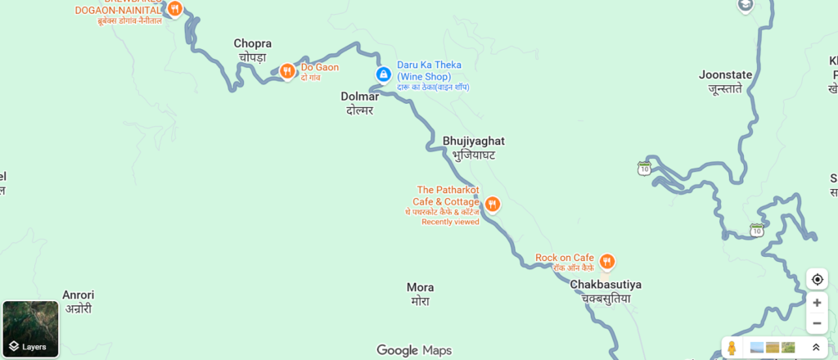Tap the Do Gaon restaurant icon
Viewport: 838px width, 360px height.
tap(287, 71)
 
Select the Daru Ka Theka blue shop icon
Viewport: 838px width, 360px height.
tap(383, 74)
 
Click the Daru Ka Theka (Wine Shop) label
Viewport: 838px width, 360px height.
tap(430, 70)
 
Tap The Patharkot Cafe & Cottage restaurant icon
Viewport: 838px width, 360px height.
tap(493, 204)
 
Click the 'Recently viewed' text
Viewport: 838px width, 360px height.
tap(450, 222)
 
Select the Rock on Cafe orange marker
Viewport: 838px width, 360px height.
tap(606, 262)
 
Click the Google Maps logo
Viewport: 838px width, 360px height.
tap(414, 350)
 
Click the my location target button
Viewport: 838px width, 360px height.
tap(817, 279)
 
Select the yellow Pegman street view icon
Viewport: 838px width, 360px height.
tap(732, 348)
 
